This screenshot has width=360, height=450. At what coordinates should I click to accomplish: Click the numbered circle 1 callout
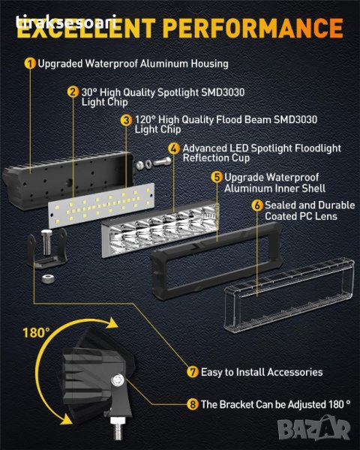(x=30, y=64)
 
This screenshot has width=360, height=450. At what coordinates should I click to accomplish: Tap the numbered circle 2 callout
(x=73, y=92)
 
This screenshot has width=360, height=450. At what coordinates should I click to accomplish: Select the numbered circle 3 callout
(x=126, y=120)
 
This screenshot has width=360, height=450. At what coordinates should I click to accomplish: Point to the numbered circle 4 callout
(x=174, y=148)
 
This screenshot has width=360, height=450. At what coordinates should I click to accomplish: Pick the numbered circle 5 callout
(x=217, y=177)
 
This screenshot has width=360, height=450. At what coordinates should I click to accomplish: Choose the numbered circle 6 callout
(x=257, y=205)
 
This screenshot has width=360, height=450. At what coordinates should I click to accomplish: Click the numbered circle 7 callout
(x=193, y=372)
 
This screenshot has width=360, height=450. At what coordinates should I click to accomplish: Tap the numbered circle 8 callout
(x=193, y=404)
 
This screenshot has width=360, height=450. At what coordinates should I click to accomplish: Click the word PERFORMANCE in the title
(x=254, y=28)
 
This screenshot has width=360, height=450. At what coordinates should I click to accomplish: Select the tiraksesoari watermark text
(x=66, y=22)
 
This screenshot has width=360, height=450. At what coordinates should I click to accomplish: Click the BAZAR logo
(x=313, y=428)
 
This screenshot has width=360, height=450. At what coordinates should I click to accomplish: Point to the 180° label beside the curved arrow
(x=36, y=333)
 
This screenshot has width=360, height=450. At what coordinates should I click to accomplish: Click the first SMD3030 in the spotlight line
(x=223, y=92)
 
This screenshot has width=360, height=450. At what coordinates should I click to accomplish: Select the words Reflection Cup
(x=216, y=158)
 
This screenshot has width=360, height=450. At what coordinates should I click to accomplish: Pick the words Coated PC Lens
(x=301, y=216)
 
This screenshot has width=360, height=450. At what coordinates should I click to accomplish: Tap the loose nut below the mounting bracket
(x=48, y=278)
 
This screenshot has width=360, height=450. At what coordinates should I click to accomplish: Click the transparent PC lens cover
(x=289, y=295)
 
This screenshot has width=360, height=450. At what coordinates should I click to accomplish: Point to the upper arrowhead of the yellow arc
(x=111, y=322)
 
